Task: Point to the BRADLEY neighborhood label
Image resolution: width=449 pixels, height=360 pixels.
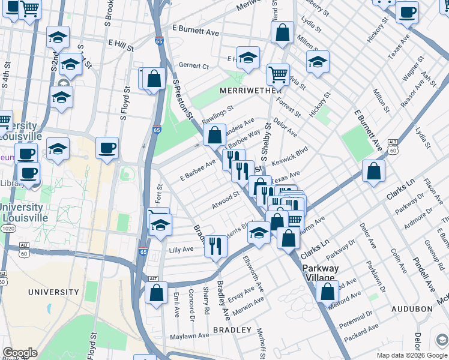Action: (232, 330)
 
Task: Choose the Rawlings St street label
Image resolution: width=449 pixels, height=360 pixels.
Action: (217, 113)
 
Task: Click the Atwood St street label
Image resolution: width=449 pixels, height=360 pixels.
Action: (225, 200)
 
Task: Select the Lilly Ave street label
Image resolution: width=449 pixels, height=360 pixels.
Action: (181, 249)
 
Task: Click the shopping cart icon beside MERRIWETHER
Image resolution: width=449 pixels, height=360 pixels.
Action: (278, 75)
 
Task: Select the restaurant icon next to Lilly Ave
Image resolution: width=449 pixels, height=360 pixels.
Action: (215, 246)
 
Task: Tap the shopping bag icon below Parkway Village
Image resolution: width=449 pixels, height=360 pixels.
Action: (327, 292)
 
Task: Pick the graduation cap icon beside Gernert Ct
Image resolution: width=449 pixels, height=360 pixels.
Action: (248, 58)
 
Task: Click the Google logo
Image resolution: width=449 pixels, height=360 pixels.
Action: (20, 353)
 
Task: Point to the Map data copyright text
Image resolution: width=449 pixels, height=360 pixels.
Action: (411, 355)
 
